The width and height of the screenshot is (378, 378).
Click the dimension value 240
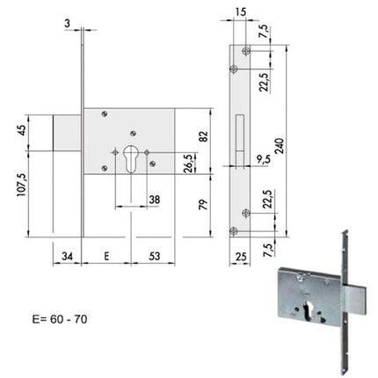coord(280,147)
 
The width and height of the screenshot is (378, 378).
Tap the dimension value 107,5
coord(22,185)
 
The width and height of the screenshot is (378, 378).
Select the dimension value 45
coord(22,131)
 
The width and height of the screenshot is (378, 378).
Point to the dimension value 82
coord(203,137)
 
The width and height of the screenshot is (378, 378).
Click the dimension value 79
coord(203,204)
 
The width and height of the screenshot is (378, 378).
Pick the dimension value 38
coord(155,200)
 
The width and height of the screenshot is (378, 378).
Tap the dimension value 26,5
coord(191,164)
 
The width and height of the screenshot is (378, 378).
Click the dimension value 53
coord(155,256)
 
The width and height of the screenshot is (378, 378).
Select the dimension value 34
coord(67,256)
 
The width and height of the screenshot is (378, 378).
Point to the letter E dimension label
coord(106,256)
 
